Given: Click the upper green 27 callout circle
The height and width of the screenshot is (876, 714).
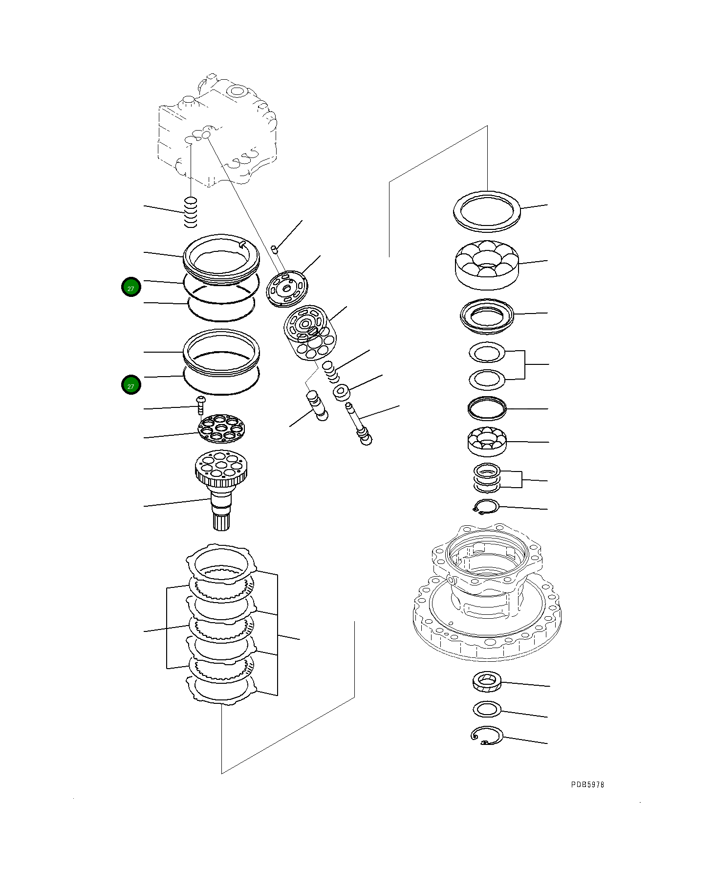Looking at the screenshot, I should [x=131, y=287].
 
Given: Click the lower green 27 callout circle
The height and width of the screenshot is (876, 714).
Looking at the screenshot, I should [x=131, y=385].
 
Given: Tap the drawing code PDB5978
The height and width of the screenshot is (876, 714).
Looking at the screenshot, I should [x=587, y=785].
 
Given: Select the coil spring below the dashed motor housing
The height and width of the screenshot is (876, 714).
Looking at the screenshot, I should [x=191, y=212].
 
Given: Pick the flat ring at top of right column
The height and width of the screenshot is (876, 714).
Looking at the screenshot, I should [x=487, y=211].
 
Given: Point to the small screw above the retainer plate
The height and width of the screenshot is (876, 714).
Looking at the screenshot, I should [x=200, y=404].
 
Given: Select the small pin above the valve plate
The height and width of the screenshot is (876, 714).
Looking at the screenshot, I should [x=275, y=249].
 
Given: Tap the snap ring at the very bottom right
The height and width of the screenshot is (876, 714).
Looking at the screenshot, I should [x=487, y=735].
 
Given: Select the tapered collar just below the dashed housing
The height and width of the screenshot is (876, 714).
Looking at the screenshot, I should [x=487, y=682].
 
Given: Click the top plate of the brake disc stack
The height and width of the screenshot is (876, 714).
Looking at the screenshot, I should [x=221, y=562].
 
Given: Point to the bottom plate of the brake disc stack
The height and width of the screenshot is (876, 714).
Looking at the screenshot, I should [x=221, y=688].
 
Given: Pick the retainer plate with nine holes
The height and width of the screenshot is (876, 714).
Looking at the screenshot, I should [x=221, y=428].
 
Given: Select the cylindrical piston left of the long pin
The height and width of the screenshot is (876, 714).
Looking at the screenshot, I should [x=316, y=404].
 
